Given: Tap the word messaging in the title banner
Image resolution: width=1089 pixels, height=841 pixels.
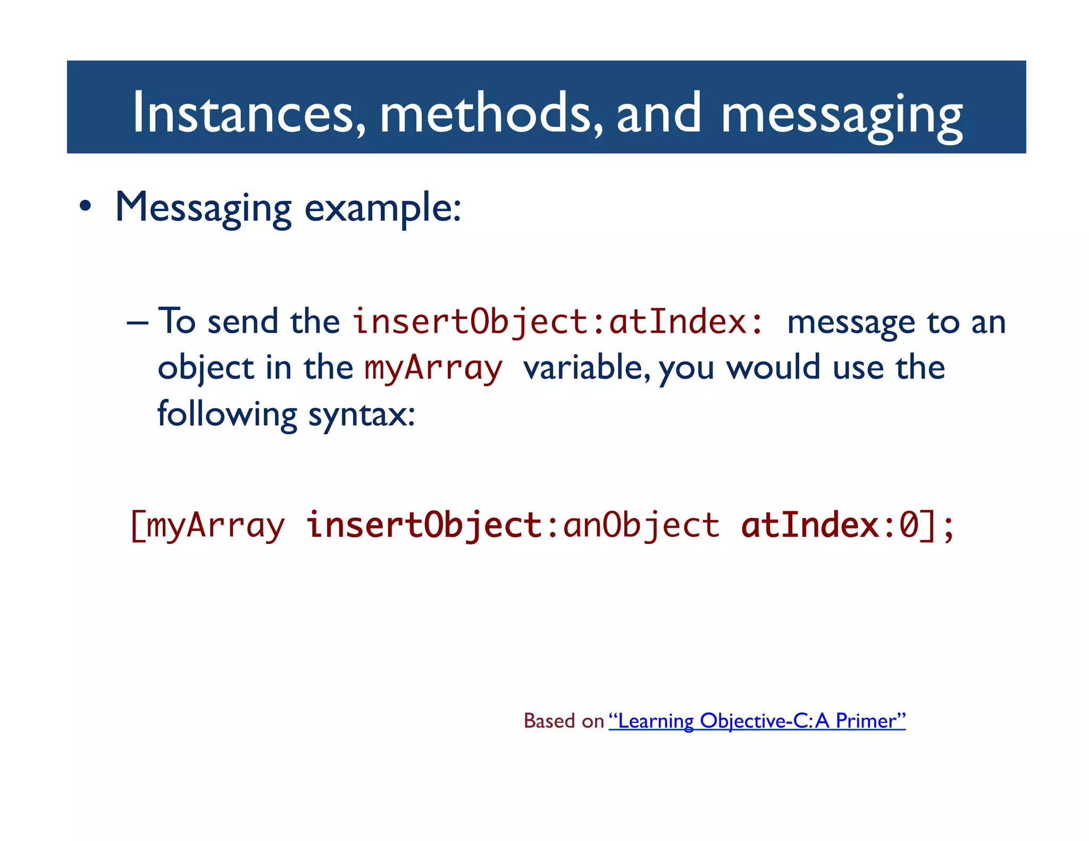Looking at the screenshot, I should point(841,114).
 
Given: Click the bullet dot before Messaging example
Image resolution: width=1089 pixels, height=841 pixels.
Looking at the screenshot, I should point(85,207).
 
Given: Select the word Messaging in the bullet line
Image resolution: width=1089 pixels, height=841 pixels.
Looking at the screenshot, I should point(203,208).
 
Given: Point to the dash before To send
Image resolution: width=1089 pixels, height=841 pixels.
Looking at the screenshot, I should point(137,323).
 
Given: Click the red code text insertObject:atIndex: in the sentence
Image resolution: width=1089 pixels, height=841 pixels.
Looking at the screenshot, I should point(558,322).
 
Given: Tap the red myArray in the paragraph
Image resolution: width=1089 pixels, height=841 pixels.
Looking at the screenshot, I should point(433,368).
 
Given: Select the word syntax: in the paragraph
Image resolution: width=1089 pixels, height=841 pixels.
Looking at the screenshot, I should point(362,414).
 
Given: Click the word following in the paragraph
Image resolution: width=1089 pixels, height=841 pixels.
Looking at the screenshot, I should point(227,414).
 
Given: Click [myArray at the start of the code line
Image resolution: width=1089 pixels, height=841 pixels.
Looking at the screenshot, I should point(207,525).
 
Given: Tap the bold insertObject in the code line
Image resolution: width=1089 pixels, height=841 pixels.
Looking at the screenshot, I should point(424,525).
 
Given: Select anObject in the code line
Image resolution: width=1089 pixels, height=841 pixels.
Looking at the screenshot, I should point(641,525).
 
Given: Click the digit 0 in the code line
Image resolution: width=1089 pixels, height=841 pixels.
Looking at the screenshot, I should point(909,525).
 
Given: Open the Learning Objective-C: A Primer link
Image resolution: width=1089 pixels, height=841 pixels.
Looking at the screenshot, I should point(757,721).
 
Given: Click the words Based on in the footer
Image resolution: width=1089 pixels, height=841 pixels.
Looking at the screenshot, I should point(563,721).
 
